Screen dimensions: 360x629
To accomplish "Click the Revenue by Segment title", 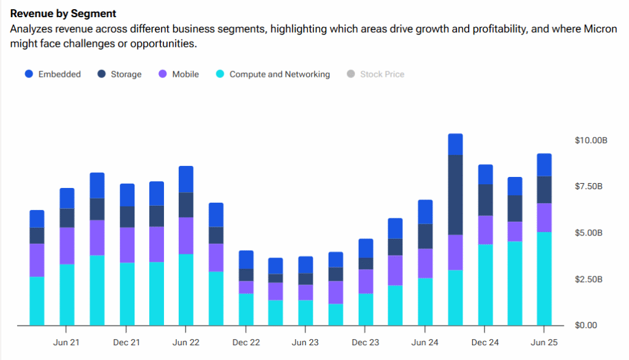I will click(x=63, y=13).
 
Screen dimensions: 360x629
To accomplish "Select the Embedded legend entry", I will click(x=52, y=74).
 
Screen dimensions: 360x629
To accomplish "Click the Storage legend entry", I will click(x=119, y=74).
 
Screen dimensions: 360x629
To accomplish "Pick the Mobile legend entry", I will click(x=178, y=74).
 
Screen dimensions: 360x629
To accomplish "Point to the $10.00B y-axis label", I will click(x=591, y=140).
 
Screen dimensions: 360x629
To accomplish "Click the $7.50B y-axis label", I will click(x=591, y=187).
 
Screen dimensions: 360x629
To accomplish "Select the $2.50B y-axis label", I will click(x=591, y=280).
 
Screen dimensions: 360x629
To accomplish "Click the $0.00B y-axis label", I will click(x=591, y=326).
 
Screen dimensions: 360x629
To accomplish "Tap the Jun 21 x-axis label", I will click(x=66, y=342).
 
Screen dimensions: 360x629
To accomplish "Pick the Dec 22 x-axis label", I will click(x=246, y=342).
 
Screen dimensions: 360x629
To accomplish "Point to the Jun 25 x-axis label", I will click(x=544, y=342).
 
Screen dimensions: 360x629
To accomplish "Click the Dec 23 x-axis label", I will click(x=365, y=342).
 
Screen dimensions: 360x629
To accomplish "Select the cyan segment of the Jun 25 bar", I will click(x=544, y=279).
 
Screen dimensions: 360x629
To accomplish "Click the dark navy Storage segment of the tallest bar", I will click(x=455, y=195).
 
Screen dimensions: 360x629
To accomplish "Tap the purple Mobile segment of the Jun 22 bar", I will click(x=186, y=236).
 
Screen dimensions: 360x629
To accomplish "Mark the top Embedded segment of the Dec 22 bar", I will click(x=246, y=259).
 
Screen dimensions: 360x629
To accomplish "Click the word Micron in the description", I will click(x=601, y=29).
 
